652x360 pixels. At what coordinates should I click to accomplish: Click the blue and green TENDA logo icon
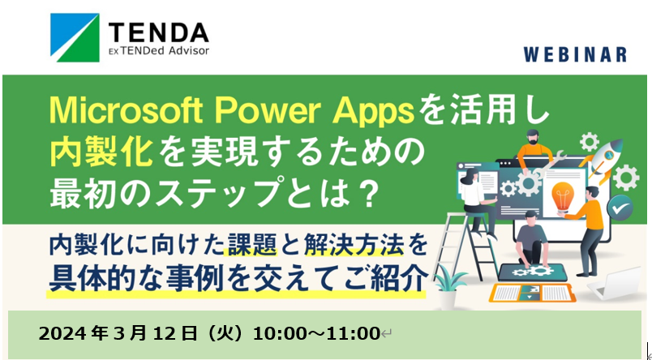(x=75, y=37)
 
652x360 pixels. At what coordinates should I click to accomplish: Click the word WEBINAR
(x=575, y=54)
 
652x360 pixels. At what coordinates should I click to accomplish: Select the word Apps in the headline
(x=373, y=111)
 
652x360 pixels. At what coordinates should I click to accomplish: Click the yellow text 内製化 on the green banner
(x=100, y=152)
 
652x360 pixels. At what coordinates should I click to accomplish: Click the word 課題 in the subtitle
(x=250, y=244)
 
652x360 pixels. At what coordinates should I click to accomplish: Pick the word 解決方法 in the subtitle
(x=354, y=244)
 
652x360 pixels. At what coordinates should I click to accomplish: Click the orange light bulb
(x=563, y=196)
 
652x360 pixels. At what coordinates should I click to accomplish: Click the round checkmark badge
(x=620, y=207)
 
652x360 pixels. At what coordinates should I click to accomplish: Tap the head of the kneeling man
(x=532, y=218)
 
